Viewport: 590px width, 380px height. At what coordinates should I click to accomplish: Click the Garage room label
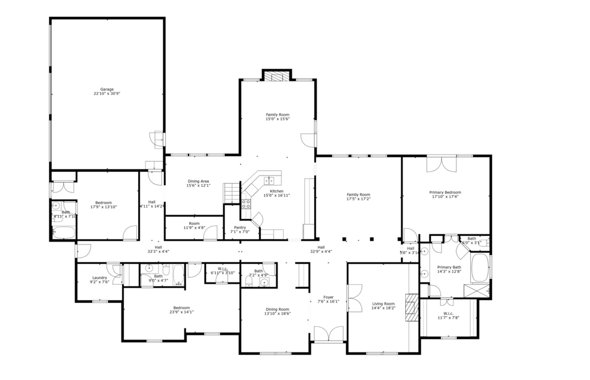click(107, 89)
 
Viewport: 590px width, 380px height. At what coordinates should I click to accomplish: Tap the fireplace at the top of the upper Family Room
click(277, 77)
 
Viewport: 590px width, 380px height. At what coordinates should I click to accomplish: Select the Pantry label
click(240, 228)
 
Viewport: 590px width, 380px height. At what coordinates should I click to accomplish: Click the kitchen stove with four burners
click(246, 204)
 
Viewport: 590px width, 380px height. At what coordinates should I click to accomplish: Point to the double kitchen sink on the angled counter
click(269, 181)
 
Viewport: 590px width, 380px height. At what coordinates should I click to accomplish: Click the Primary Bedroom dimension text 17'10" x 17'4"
click(445, 197)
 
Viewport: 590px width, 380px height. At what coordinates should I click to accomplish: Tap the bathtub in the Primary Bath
click(480, 268)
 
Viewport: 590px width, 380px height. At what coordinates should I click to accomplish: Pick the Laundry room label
click(99, 278)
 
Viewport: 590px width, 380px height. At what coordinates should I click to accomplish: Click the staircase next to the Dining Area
click(231, 193)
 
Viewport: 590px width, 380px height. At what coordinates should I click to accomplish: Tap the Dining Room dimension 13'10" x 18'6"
click(277, 314)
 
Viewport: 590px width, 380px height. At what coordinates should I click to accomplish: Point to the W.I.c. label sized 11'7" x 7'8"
click(448, 314)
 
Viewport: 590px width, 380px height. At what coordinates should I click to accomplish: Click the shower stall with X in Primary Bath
click(476, 291)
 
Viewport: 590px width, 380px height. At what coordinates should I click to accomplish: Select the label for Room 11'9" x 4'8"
click(194, 223)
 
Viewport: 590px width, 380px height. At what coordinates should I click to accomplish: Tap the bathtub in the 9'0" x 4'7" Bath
click(178, 275)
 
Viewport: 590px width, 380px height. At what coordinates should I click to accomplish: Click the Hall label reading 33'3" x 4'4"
click(158, 252)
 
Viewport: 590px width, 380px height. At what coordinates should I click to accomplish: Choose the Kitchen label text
click(276, 191)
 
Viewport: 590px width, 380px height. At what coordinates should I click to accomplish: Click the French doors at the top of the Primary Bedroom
click(441, 164)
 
